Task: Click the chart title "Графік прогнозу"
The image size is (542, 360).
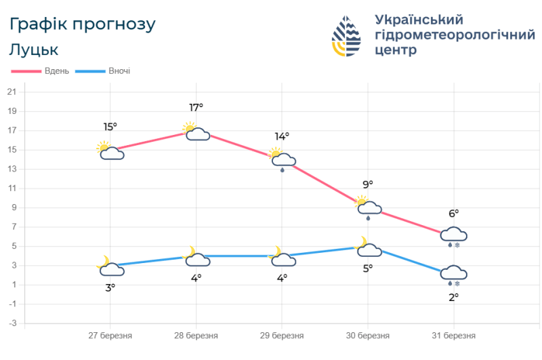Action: [83, 24]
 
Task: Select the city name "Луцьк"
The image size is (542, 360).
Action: [34, 49]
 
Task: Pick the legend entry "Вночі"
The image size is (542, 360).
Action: [119, 71]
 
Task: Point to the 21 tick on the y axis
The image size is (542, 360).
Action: [12, 92]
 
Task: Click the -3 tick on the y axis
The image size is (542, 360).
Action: [12, 323]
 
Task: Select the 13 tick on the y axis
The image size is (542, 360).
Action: [12, 169]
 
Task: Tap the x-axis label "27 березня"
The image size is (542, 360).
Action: [110, 336]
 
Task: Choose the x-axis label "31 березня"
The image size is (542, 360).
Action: [454, 336]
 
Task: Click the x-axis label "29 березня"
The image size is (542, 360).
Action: [282, 336]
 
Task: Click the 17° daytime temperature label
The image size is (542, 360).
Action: [196, 107]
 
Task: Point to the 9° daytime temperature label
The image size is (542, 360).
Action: [368, 184]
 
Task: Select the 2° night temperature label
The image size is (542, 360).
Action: [453, 296]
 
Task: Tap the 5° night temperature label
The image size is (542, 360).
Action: [368, 268]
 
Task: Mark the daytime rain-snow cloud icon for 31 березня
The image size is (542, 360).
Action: [453, 237]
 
